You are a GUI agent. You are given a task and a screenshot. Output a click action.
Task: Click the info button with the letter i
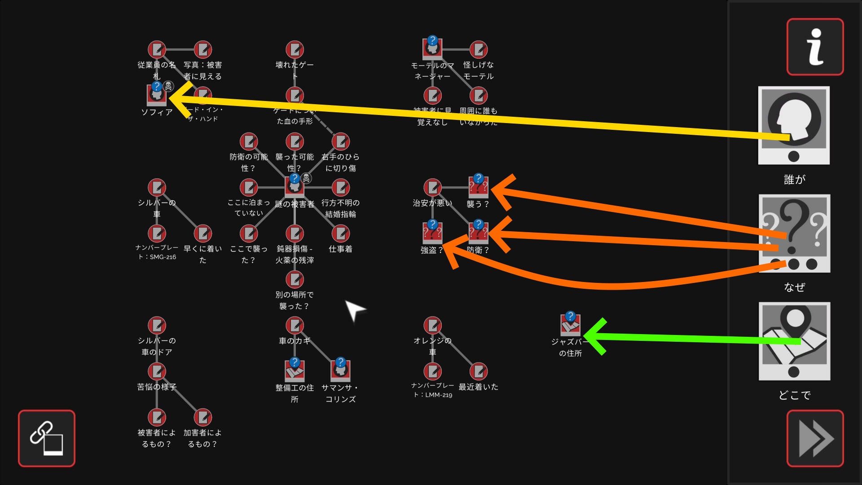click(815, 47)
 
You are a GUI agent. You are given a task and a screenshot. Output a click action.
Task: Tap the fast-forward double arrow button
click(815, 438)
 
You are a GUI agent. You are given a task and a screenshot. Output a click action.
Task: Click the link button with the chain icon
click(47, 438)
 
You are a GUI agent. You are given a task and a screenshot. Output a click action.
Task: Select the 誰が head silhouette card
click(794, 125)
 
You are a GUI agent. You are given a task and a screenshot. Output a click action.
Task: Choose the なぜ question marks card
click(794, 233)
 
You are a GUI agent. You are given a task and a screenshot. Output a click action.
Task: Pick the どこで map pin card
click(794, 341)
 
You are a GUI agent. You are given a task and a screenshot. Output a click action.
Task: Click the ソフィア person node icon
click(157, 94)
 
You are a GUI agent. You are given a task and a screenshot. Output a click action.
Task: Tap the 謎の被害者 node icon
click(295, 186)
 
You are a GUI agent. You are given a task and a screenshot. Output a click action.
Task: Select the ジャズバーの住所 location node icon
click(570, 324)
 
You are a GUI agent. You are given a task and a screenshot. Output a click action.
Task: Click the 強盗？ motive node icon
click(432, 233)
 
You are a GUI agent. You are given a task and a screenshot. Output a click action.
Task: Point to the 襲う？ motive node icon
click(478, 187)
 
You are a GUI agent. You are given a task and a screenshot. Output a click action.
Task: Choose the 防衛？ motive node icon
click(478, 233)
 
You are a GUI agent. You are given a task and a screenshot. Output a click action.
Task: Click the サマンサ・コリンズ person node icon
click(340, 370)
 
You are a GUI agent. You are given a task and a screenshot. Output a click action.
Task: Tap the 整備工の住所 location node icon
click(295, 370)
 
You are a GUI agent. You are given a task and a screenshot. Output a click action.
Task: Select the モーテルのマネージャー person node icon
click(432, 48)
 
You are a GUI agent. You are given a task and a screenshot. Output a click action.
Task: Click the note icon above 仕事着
click(340, 233)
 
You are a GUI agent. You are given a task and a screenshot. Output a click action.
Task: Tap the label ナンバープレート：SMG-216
click(157, 252)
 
